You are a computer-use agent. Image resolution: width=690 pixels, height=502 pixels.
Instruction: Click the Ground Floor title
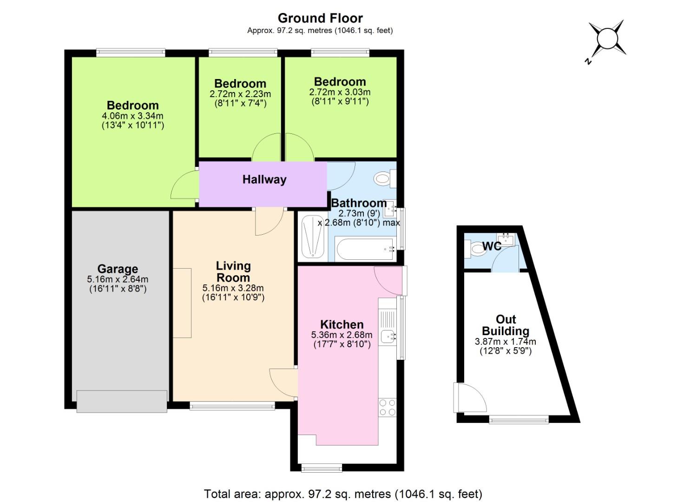[x=320, y=18]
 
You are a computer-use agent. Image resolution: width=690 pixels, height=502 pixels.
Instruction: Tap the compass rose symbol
[x=606, y=39]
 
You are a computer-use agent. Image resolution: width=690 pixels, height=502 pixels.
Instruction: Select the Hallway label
[x=264, y=180]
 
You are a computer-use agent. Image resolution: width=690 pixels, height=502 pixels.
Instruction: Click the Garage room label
[x=118, y=269]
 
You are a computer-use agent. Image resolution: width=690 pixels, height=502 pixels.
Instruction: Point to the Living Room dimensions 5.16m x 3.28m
[x=233, y=288]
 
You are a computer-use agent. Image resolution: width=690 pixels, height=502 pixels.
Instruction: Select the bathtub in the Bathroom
[x=365, y=249]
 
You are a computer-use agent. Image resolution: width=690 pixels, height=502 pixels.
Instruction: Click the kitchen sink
[x=388, y=336]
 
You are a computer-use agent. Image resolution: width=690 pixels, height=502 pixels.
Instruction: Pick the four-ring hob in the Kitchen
[x=388, y=407]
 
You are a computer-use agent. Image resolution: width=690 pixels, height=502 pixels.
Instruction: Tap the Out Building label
[x=506, y=325]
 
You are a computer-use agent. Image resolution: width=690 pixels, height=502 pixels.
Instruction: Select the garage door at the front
[x=122, y=401]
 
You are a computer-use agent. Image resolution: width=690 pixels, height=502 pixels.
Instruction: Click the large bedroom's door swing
[x=184, y=185]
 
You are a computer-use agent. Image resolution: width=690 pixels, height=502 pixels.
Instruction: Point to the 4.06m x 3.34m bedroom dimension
[x=132, y=116]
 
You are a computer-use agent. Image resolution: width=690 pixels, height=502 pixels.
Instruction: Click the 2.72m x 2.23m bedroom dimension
[x=240, y=94]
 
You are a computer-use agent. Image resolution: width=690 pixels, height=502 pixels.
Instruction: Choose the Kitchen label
[x=342, y=324]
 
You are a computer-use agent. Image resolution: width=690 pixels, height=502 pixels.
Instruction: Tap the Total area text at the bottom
[x=343, y=494]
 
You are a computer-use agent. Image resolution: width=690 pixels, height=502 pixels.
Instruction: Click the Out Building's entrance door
[x=469, y=398]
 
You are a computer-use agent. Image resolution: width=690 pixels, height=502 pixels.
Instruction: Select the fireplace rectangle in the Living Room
[x=182, y=303]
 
